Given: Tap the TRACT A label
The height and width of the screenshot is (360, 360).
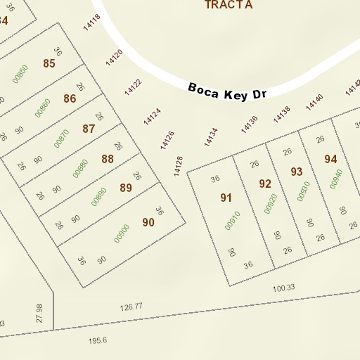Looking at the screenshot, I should pyautogui.click(x=229, y=5).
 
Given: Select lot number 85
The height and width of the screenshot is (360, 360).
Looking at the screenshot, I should pyautogui.click(x=49, y=64).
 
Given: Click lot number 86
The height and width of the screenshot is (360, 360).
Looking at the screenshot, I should pyautogui.click(x=70, y=98).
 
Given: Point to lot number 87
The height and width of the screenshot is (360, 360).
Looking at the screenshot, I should pyautogui.click(x=89, y=129).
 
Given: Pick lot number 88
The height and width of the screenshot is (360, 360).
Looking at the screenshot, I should pyautogui.click(x=108, y=159).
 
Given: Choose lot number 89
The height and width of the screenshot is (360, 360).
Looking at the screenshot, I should pyautogui.click(x=126, y=188).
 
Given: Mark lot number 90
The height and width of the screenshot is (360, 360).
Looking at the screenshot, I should pyautogui.click(x=148, y=222).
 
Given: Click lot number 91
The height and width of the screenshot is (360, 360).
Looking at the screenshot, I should pyautogui.click(x=226, y=198).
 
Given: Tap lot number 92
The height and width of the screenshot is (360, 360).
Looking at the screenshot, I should pyautogui.click(x=265, y=184).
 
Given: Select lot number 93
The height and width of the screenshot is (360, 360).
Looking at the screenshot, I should pyautogui.click(x=297, y=172).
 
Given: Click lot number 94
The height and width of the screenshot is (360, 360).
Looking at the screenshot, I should pyautogui.click(x=331, y=160).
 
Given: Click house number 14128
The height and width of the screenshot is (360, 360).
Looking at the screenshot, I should pyautogui.click(x=179, y=167).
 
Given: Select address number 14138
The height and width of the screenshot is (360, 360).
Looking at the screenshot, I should pyautogui.click(x=282, y=114).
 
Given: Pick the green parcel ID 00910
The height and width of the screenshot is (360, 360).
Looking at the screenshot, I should pyautogui.click(x=233, y=221).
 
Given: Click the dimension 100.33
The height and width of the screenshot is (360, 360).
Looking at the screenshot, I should pyautogui.click(x=283, y=288).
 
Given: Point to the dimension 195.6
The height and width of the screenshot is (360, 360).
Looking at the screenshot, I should pyautogui.click(x=98, y=341).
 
